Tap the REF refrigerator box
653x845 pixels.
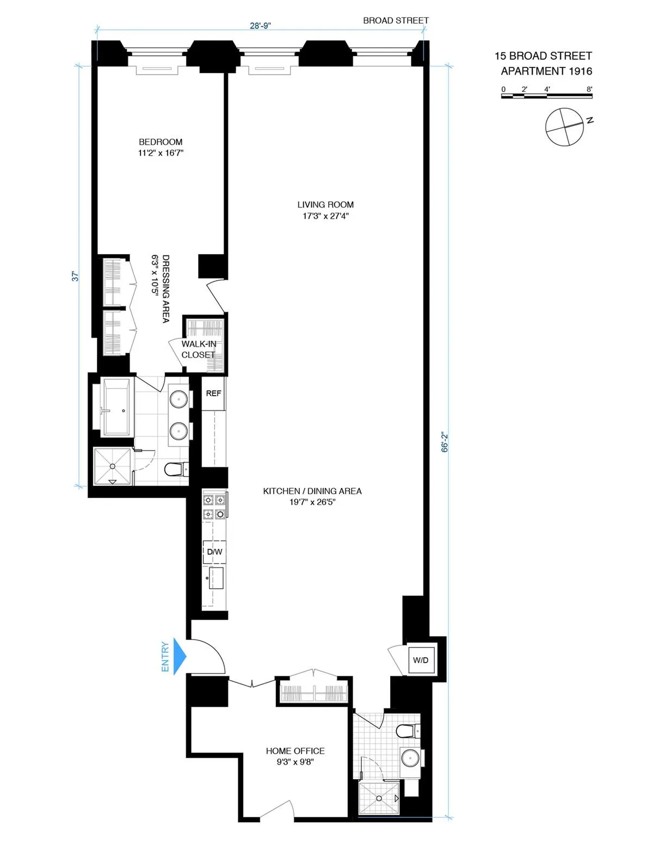coord(213,393)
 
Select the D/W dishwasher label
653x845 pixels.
coord(214,552)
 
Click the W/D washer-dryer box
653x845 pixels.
coord(421,660)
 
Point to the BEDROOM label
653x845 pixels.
coord(161,142)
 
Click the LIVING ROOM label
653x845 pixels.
coord(325,205)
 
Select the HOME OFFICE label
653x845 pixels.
coord(295,751)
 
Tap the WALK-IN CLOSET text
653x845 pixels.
coord(199,349)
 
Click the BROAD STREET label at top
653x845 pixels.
coord(396,21)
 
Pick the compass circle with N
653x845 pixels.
coord(564,127)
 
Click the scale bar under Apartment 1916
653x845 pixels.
coord(546,96)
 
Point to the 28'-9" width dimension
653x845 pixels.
coord(260,26)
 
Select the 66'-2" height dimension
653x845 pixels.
coord(445,442)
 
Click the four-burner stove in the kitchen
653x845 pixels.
coord(214,506)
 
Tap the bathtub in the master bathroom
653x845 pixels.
coord(116,407)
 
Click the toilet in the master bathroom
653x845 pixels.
coord(176,468)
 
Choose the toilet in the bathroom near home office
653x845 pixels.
coord(407,730)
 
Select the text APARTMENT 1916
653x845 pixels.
coord(546,71)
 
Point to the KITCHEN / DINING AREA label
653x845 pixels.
coord(312,491)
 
